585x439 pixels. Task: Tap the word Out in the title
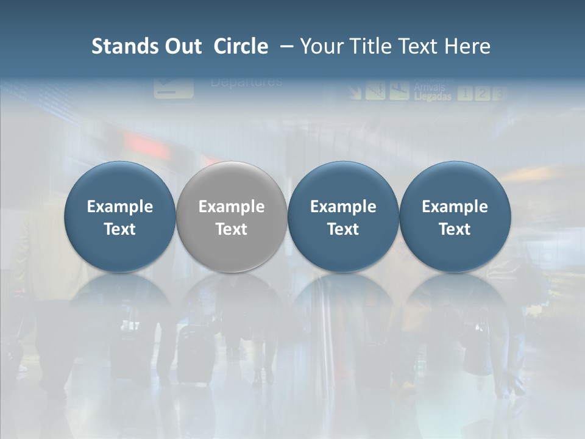[x=181, y=46]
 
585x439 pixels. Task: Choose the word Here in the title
[x=468, y=46]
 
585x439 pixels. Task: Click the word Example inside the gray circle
[x=232, y=207]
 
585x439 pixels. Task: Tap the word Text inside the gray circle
[x=232, y=229]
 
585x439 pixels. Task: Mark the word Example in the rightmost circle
[x=455, y=207]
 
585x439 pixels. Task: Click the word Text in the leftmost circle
[x=120, y=229]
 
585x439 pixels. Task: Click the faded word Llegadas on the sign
[x=433, y=96]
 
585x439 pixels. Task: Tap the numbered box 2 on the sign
[x=482, y=93]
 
